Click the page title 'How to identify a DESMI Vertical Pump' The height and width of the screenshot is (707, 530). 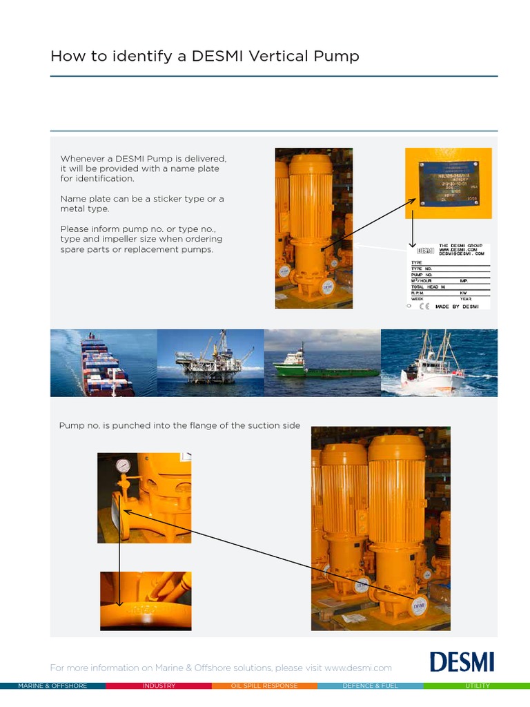point(204,56)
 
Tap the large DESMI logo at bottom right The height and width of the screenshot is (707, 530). point(462,661)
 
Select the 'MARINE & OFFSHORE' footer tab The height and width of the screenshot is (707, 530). point(52,686)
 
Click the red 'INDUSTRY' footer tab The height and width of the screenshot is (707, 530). point(159,686)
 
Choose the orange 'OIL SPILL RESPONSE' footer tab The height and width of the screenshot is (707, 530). point(264,686)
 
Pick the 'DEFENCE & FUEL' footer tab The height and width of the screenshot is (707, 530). point(371,686)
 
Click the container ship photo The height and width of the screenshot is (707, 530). point(104,362)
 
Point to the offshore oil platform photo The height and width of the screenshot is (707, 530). point(210,362)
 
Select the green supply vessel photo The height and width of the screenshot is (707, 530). point(322,362)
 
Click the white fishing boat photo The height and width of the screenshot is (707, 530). point(439,362)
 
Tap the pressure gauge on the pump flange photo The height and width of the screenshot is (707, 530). point(123,466)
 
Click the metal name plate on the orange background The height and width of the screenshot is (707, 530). point(448,182)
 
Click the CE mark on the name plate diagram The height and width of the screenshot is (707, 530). point(424,306)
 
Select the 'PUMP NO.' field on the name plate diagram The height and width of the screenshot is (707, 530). point(422,275)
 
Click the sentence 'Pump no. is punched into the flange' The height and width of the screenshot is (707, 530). point(179,425)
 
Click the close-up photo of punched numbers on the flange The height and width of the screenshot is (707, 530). point(146,601)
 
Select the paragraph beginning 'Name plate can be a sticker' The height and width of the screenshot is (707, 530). point(142,204)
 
